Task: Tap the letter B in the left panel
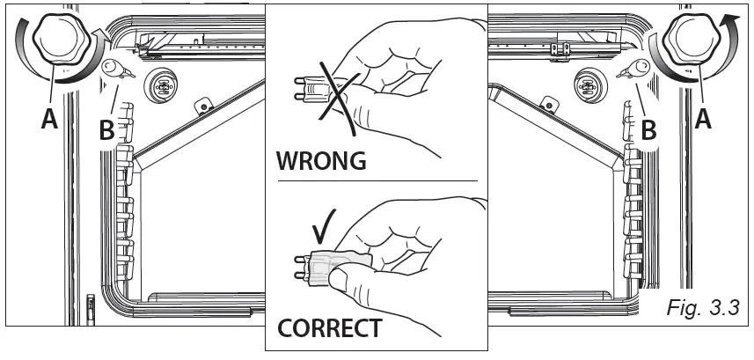click(x=106, y=130)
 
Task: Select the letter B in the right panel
click(x=648, y=130)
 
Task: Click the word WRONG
click(x=321, y=163)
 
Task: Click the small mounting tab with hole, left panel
click(x=202, y=107)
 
